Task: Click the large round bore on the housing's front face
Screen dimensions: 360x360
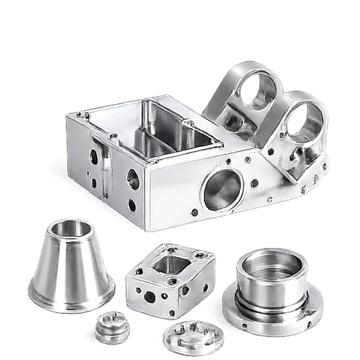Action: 223,189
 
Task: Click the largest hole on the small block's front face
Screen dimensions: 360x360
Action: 149,296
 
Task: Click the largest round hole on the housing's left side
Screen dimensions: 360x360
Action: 133,178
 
